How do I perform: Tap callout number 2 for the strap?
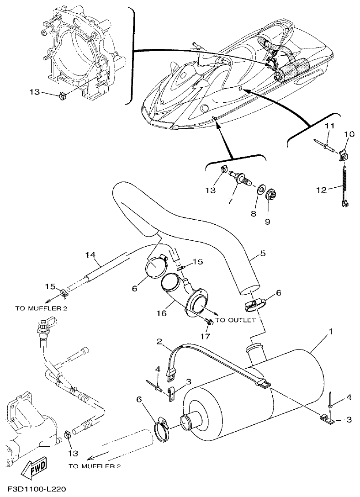159,342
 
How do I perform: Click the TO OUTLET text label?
235,320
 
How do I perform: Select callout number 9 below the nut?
268,222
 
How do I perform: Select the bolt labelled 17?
210,322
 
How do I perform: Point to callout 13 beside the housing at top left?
35,92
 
